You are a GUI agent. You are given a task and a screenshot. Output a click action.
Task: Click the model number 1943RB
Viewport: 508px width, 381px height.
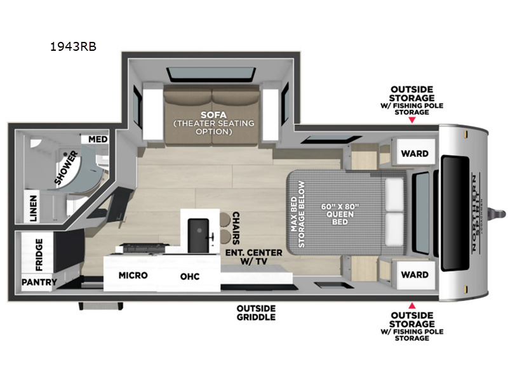(x=73, y=46)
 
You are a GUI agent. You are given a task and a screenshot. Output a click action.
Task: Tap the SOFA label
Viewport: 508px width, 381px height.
(x=213, y=115)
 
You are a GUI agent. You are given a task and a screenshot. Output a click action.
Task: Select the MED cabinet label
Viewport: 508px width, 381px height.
(x=98, y=139)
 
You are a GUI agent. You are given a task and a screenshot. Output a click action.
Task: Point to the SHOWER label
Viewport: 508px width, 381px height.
(x=66, y=168)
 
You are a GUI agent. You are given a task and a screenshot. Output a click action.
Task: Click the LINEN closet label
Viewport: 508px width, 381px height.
(x=34, y=208)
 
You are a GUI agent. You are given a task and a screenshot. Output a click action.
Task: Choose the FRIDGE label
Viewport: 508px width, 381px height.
(x=39, y=255)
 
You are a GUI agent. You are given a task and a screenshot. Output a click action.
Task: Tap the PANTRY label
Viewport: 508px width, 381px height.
(x=39, y=282)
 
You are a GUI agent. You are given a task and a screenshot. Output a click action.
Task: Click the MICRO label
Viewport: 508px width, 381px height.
(x=133, y=276)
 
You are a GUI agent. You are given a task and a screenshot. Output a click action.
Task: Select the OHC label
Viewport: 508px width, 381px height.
(x=190, y=276)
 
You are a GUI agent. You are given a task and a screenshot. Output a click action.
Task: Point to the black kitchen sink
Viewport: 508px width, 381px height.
(x=198, y=235)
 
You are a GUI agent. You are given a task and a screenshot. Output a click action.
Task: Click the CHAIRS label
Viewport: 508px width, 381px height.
(x=236, y=228)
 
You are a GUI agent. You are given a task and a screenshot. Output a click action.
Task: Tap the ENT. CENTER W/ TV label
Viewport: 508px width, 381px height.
(x=254, y=257)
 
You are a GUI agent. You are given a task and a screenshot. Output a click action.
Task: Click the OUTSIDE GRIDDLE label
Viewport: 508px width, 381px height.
(x=257, y=312)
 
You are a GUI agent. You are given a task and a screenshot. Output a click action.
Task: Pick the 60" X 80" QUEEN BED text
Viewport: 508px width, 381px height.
(x=340, y=214)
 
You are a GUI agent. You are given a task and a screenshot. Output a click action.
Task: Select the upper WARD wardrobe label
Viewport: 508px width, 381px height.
(x=415, y=153)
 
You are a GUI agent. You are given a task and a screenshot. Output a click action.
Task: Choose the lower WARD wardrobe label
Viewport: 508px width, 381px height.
(x=415, y=275)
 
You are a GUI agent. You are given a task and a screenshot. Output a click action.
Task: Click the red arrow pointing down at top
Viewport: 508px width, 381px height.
(x=411, y=120)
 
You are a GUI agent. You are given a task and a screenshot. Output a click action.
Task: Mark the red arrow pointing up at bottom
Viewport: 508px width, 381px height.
(x=411, y=305)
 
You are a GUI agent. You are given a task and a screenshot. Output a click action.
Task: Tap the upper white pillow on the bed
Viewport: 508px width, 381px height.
(x=394, y=194)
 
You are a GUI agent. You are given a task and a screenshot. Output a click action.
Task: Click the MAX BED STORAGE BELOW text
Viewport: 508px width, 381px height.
(x=298, y=214)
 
